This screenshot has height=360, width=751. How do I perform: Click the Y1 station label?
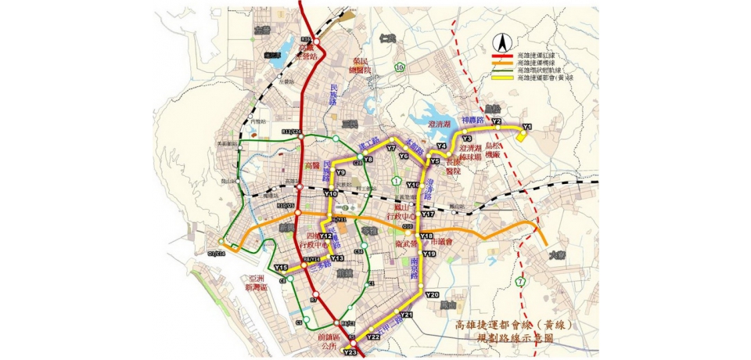526,127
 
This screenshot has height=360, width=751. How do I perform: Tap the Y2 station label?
495,121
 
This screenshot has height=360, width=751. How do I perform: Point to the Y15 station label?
281,268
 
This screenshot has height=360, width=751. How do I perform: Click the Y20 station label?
432,294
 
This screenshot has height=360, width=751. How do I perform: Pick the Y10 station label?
330,193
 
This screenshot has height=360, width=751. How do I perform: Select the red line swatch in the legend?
505,56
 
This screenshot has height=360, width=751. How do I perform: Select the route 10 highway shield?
399,68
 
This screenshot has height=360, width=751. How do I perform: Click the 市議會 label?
445,242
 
